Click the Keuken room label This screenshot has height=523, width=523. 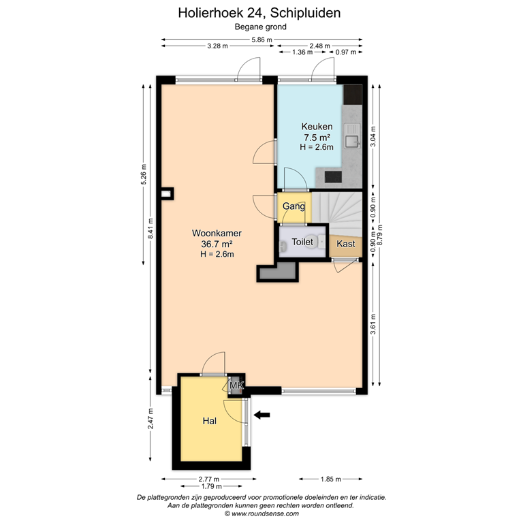[x=317, y=127]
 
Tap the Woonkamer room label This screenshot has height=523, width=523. [x=217, y=233]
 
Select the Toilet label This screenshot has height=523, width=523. [x=302, y=242]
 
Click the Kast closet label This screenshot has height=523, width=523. [x=346, y=243]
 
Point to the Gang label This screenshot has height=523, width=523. [x=294, y=206]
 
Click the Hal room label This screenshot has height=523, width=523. [x=209, y=422]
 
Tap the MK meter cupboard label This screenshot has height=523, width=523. [x=236, y=386]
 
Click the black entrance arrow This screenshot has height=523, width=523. [x=261, y=414]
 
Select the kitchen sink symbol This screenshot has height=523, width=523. [x=352, y=142]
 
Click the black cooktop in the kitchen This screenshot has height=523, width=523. [x=333, y=176]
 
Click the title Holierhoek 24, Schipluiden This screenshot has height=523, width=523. [x=260, y=12]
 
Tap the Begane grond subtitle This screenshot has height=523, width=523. [x=260, y=27]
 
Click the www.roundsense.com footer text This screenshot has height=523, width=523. [x=261, y=513]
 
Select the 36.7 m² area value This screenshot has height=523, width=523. [x=217, y=244]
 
